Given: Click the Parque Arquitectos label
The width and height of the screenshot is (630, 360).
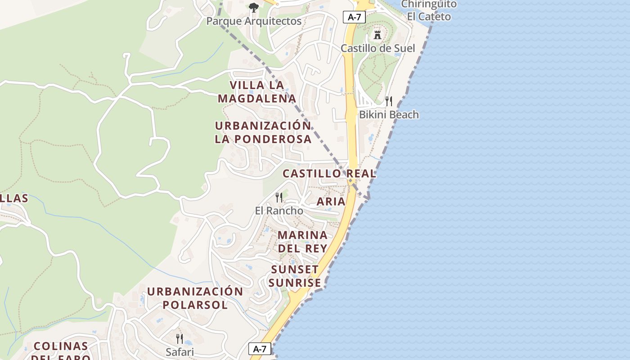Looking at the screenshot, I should pos(254,21).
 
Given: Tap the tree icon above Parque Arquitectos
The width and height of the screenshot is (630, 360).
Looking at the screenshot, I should pos(254,7).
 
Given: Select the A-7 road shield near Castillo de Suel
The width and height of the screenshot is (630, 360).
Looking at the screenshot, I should pos(354,17).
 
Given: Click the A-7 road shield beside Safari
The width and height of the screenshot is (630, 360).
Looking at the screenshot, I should pos(260,348).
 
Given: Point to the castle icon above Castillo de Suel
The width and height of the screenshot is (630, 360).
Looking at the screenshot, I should pos(378,34).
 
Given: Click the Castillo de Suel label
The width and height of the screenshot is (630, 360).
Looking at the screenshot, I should pos(378,48).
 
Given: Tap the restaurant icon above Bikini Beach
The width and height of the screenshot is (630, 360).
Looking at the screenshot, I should pos(389,101).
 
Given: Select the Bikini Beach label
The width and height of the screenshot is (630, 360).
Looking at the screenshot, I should pos(389,115).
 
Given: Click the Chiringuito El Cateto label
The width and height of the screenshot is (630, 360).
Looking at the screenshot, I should pos(428,10).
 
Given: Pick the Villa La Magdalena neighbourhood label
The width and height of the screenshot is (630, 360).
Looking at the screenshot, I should pos(257,91).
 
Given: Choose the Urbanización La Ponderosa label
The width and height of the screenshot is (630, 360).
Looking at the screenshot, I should pos(263,132).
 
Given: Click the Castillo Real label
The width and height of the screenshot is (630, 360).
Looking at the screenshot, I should pos(329,173).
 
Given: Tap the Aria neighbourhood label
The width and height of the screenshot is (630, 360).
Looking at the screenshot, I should pos(331,201).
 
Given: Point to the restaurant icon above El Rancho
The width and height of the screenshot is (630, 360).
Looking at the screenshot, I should pos(279,197).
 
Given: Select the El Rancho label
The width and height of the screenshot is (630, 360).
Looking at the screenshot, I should pos(279,211).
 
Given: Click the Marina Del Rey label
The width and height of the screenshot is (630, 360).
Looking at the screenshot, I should pos(302,242).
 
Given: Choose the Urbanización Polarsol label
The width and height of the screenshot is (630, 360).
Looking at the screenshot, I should pos(195,298).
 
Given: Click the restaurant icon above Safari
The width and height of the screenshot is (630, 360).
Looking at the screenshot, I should pos(180,338).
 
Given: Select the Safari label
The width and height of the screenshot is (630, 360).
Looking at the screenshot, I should pos(180,352).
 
